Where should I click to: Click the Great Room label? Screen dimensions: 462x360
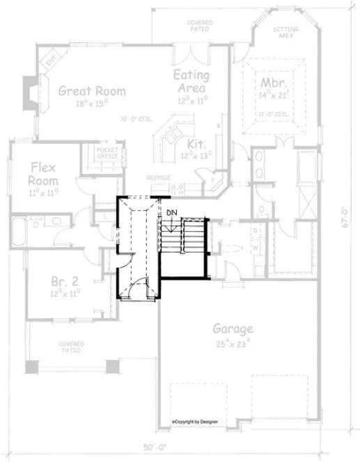(x=92, y=90)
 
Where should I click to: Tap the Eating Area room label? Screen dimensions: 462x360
(x=189, y=82)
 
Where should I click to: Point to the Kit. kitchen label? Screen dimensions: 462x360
(x=196, y=144)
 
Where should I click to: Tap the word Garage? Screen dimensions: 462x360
(x=233, y=329)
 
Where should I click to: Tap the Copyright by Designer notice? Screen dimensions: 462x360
(x=197, y=422)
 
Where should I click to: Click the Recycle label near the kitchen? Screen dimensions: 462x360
(x=159, y=178)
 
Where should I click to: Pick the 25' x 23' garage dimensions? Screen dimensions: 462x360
(x=233, y=342)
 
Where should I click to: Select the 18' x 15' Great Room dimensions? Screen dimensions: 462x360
(x=92, y=104)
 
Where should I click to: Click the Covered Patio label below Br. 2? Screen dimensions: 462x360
(x=71, y=346)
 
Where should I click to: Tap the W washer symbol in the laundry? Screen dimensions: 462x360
(x=254, y=247)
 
